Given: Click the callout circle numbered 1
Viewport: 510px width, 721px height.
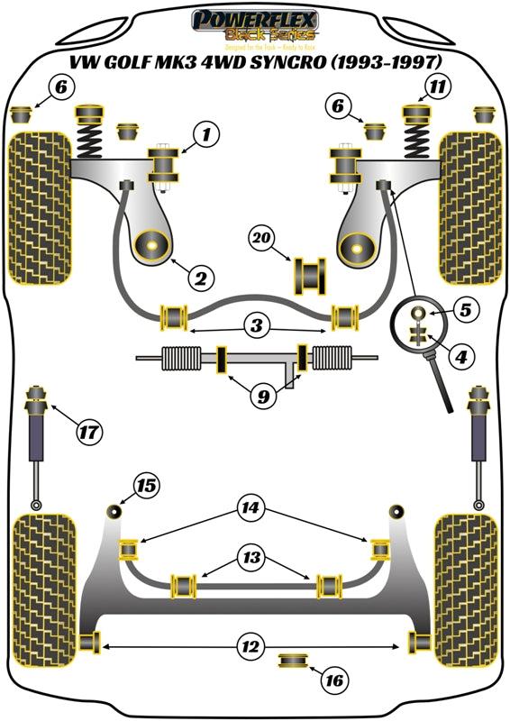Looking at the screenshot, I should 206,136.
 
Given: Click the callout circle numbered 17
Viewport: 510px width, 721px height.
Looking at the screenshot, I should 87,434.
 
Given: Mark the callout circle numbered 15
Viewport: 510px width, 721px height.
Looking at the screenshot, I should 146,487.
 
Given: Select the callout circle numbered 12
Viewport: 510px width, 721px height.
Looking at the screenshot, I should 253,645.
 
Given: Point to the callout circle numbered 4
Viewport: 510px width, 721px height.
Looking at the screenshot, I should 462,358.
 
